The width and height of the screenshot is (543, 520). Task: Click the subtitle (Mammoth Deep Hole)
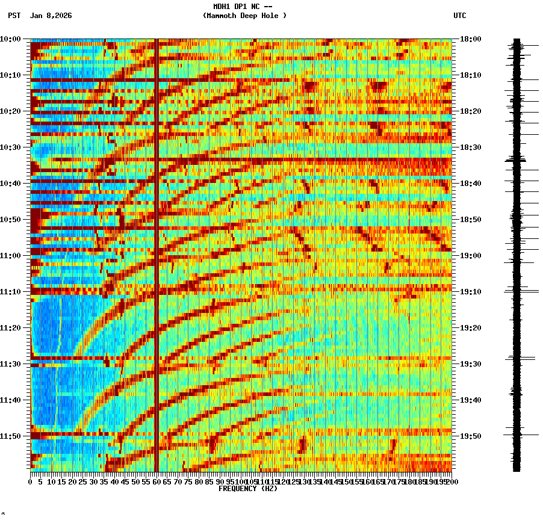coord(244,16)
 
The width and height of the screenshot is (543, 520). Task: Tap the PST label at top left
coord(14,16)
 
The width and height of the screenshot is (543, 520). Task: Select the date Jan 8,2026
coord(51,16)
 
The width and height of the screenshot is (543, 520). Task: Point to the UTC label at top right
coord(459,16)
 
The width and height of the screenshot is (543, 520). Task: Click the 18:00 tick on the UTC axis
coord(470,39)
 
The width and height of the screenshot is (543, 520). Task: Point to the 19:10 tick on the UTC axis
coord(470,292)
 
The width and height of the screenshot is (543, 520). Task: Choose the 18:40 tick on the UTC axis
coord(470,184)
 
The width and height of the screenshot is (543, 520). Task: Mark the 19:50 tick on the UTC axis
coord(470,436)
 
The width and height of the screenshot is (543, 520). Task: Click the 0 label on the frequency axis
coord(31,481)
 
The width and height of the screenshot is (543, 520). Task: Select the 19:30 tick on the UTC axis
coord(470,364)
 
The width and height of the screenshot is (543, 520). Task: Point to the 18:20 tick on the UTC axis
coord(470,111)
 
